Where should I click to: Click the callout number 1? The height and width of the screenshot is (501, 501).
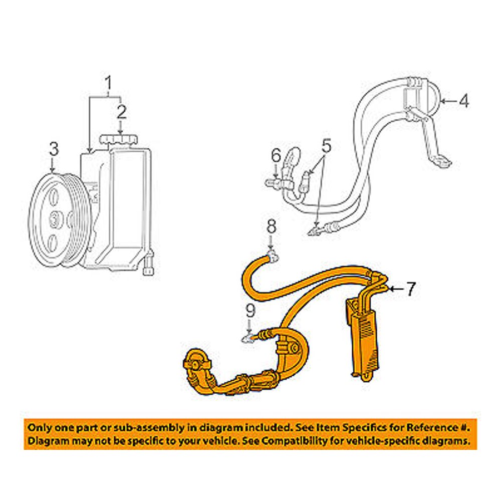point(109,83)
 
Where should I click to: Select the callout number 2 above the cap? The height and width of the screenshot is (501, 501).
point(121,112)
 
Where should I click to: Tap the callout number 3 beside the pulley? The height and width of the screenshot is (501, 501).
point(54,149)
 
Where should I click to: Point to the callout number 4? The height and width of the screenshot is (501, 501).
point(464,101)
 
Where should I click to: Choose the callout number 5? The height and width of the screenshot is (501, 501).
point(326,147)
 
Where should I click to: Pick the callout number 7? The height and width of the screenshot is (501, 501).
point(410,289)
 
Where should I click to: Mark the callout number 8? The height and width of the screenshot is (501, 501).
point(271,227)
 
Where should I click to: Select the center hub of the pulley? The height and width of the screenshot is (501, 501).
point(55,218)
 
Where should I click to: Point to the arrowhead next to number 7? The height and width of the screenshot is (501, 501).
point(391,289)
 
